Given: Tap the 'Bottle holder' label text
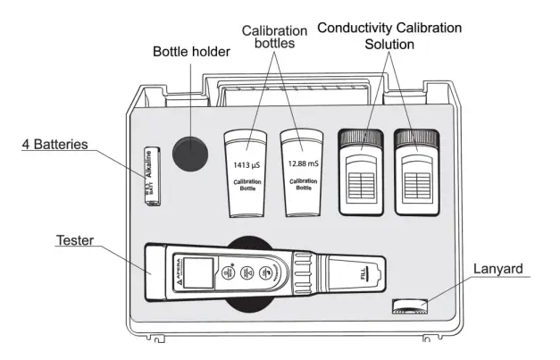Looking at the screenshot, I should point(190,52).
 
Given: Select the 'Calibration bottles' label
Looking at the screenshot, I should point(274,38).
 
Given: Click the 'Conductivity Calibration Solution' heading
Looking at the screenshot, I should point(388,35).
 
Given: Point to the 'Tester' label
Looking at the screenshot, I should point(75,241).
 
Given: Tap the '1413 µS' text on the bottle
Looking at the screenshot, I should point(247,165).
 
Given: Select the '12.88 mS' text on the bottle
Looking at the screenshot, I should point(303,165).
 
